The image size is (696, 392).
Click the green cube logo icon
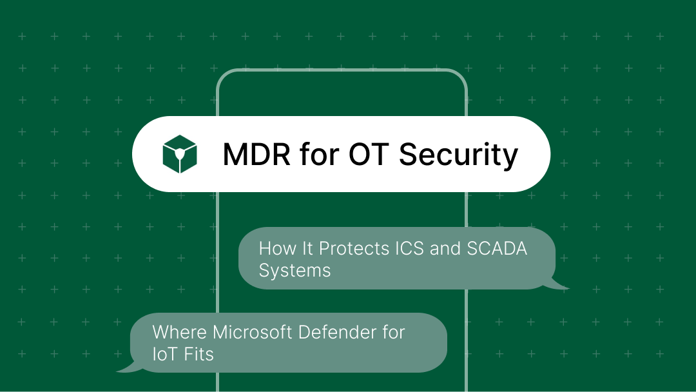click(180, 154)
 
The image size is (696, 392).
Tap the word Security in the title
click(459, 155)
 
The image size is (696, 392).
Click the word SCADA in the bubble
click(497, 249)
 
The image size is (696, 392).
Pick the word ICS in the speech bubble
click(407, 249)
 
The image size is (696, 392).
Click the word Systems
click(295, 270)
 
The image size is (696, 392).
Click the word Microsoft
click(252, 332)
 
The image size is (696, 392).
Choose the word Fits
click(198, 354)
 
